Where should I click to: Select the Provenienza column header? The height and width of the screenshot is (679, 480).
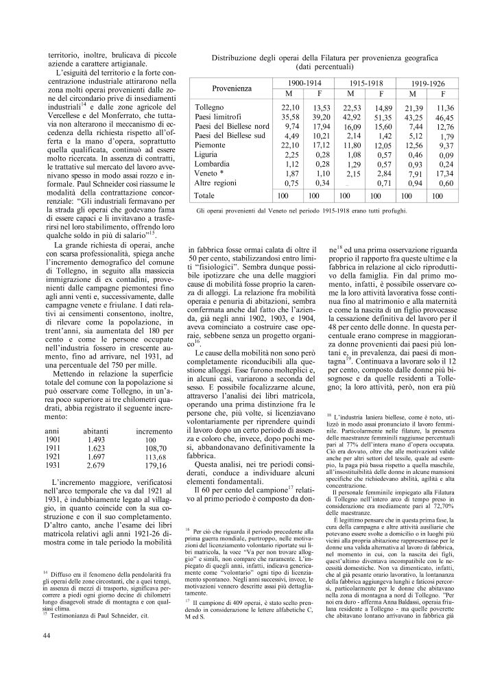[232, 88]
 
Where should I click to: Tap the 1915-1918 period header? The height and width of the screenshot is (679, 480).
[365, 82]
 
